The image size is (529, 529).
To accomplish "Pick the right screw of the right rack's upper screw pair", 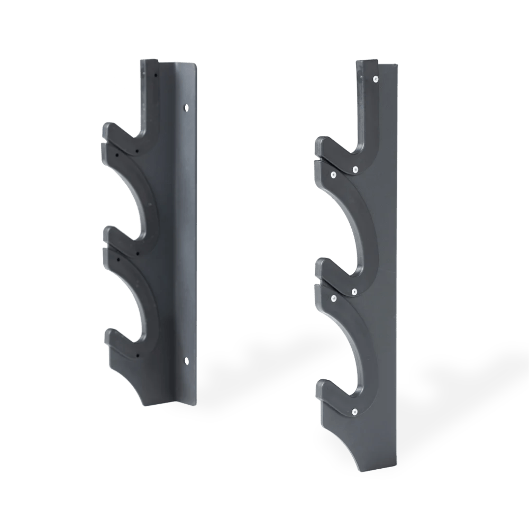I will pyautogui.click(x=355, y=169).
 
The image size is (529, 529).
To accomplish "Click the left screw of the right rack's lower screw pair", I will pyautogui.click(x=334, y=299).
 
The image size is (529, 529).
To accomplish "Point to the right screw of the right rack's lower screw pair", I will pyautogui.click(x=354, y=291).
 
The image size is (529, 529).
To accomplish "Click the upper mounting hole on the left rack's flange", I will pyautogui.click(x=185, y=107).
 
